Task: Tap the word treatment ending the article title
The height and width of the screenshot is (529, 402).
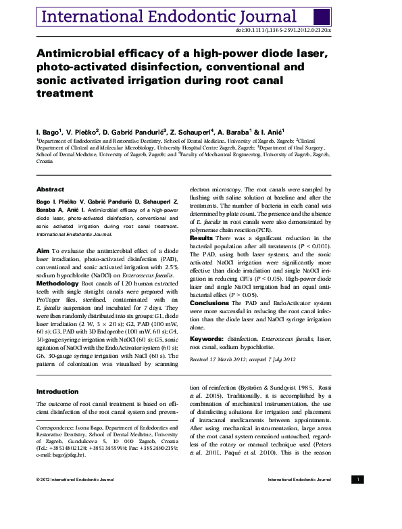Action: pyautogui.click(x=65, y=93)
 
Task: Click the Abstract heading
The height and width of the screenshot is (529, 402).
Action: pyautogui.click(x=50, y=189)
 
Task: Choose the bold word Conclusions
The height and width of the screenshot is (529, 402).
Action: pyautogui.click(x=209, y=302)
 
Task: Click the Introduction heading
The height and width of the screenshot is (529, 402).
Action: pyautogui.click(x=57, y=391)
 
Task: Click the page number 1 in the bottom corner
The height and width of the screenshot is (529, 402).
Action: pyautogui.click(x=358, y=479)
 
